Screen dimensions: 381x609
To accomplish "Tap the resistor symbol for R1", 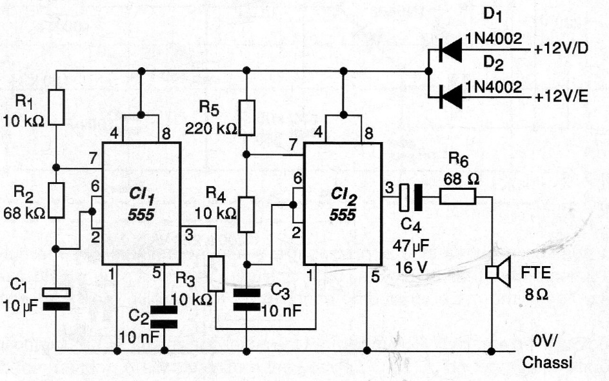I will pos(57,107).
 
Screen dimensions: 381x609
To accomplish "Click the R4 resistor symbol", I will pos(246,215).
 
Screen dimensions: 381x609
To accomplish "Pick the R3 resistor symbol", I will pos(216,273).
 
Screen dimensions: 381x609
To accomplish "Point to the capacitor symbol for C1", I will pos(57,298).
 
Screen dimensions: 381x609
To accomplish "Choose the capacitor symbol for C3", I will pos(246,299).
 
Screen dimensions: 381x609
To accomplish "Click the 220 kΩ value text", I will pos(210,127).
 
